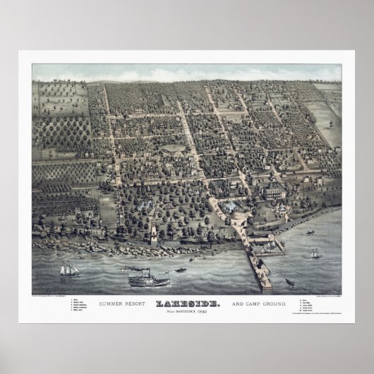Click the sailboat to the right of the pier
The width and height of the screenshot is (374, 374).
tap(311, 232)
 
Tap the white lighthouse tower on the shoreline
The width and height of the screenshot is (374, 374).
tap(152, 233)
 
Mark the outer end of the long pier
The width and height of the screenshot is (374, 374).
tap(265, 286)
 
